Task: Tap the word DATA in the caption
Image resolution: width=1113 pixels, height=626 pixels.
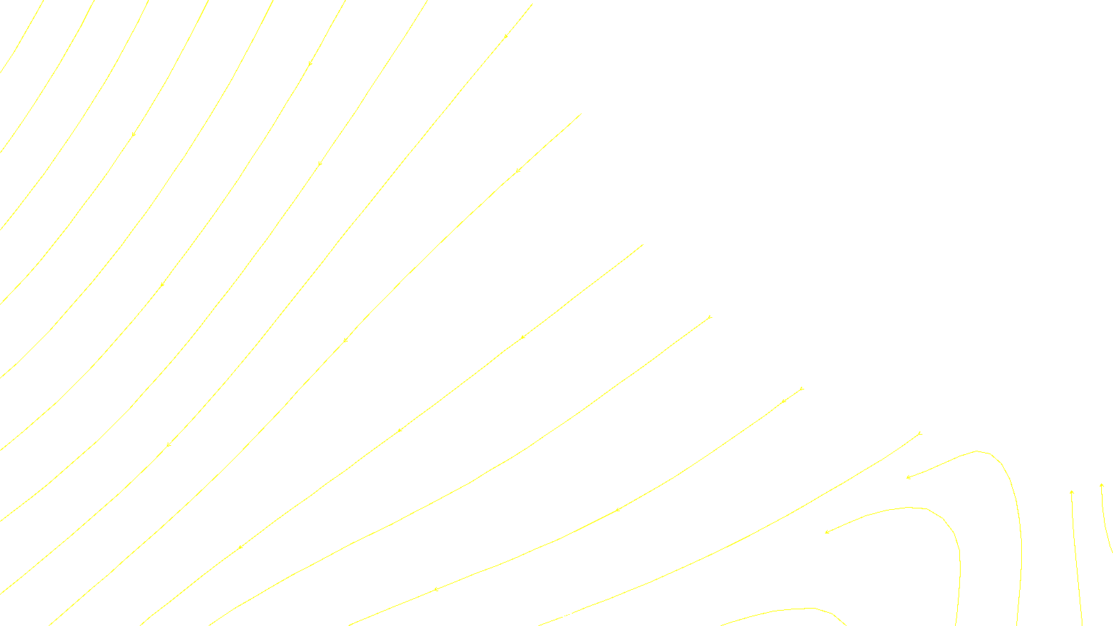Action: pos(588,614)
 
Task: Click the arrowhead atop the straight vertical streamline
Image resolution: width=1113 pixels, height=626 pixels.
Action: pos(1072,492)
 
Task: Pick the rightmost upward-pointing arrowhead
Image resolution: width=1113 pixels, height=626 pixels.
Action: pos(1102,485)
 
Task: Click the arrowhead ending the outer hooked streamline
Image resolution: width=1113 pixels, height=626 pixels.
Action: pos(908,477)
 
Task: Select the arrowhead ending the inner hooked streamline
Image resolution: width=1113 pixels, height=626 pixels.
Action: pos(826,532)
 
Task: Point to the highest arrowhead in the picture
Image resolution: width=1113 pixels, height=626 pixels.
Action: pos(506,35)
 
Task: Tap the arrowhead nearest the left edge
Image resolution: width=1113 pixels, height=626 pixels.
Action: pos(133,134)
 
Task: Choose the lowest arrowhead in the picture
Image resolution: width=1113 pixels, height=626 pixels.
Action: pos(435,589)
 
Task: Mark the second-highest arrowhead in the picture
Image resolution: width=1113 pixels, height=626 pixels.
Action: pos(310,63)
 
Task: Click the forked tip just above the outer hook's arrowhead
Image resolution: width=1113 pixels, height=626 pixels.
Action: pos(920,433)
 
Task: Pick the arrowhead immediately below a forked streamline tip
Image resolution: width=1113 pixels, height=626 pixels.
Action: pos(783,401)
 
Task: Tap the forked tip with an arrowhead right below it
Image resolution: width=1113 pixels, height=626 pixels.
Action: pos(802,388)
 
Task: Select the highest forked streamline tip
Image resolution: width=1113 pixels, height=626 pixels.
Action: pos(710,317)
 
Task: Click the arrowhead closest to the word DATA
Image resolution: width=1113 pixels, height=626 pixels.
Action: pos(617,510)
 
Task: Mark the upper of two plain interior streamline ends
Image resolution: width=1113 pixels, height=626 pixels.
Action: pos(580,114)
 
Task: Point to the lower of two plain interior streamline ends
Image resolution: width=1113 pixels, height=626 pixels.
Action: pos(642,244)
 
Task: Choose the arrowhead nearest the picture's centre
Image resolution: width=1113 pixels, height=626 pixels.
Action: pos(522,337)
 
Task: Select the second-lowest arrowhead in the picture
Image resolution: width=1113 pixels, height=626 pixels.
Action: pos(239,547)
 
